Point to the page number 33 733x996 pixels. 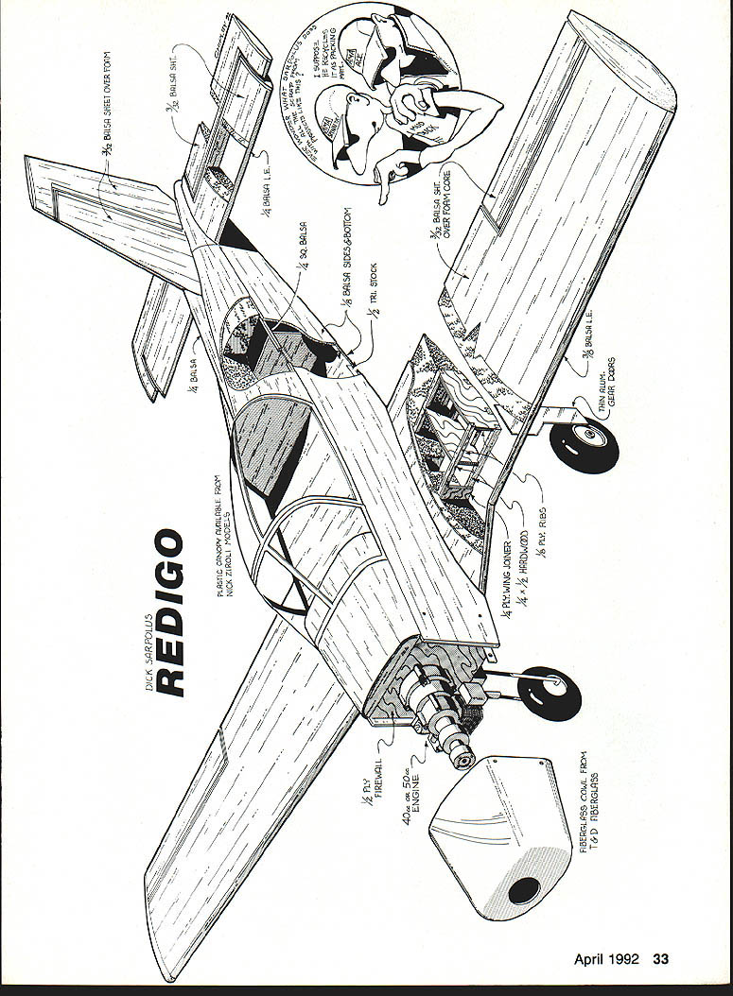659,959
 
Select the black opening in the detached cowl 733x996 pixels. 523,889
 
